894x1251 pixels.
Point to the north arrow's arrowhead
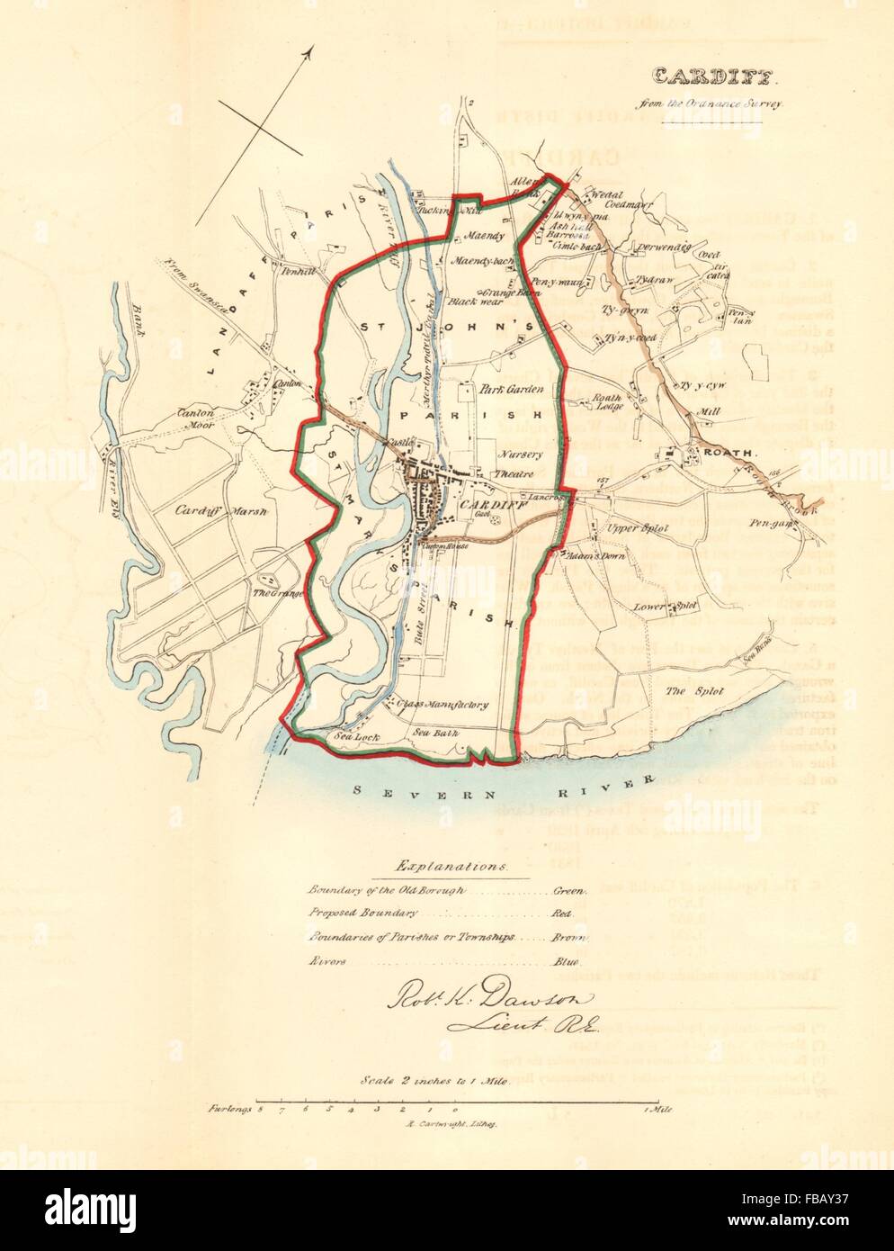(x=308, y=53)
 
